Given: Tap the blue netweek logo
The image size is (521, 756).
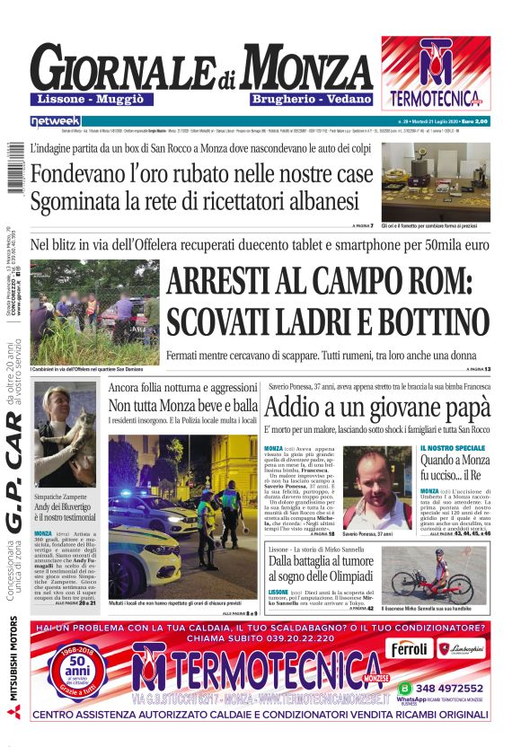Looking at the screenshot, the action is coord(55,120).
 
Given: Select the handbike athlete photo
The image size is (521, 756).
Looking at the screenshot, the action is coord(438,574).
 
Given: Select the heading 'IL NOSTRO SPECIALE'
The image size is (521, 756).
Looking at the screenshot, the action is coord(452,447).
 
